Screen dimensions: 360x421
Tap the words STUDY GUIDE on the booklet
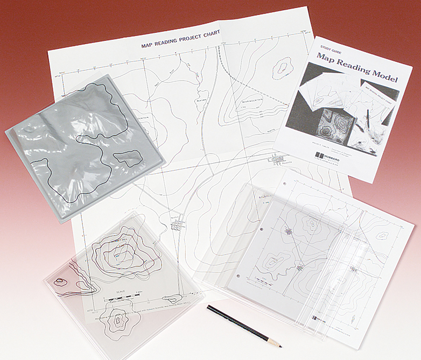[329, 47]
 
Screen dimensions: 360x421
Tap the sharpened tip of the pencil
[280, 343]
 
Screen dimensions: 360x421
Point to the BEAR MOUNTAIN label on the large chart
[249, 101]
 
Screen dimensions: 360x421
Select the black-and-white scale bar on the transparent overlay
[122, 297]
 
